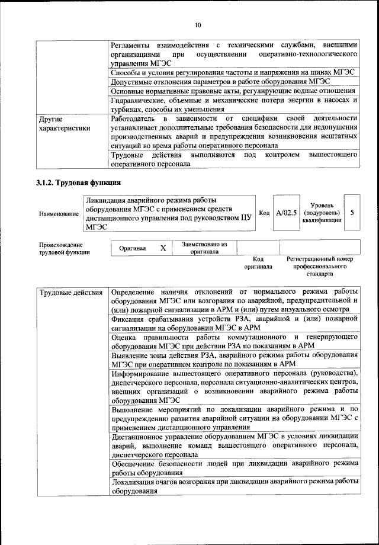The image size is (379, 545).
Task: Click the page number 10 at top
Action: point(198,24)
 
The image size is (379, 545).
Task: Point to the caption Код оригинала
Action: point(258,263)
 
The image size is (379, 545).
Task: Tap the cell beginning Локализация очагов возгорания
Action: point(234,486)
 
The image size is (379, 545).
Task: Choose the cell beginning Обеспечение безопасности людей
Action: point(234,468)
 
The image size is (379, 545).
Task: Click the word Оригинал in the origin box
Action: point(132,248)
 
